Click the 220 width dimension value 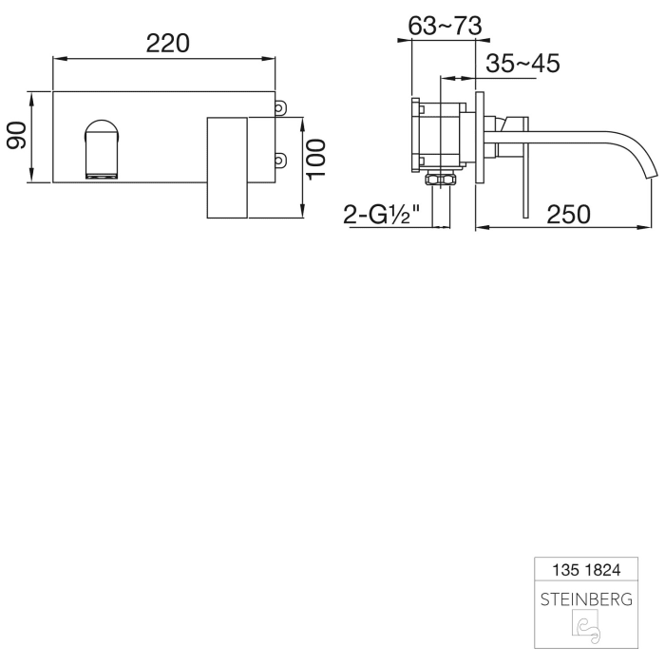168,43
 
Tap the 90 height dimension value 16,137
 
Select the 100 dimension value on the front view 317,158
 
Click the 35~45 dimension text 522,64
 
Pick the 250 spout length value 569,214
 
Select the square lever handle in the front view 227,168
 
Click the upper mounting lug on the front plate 280,109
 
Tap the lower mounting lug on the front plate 280,161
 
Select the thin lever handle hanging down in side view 522,176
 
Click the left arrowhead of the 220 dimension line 55,60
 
